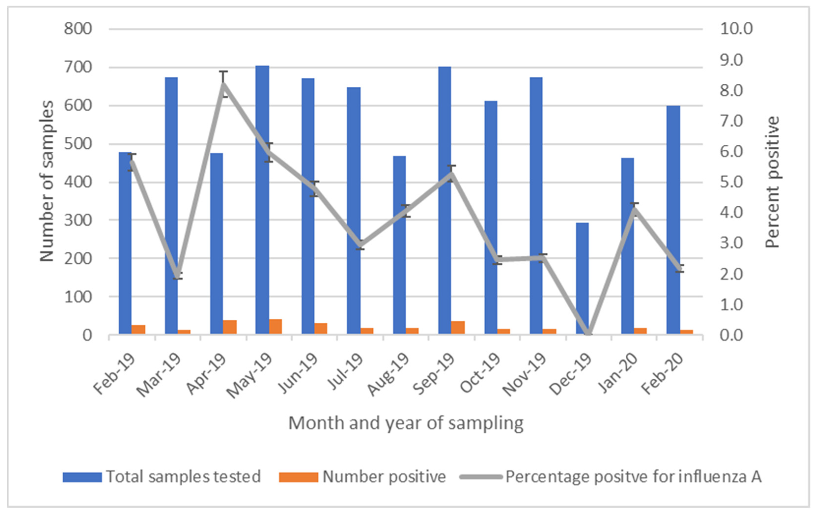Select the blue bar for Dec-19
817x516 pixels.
[582, 278]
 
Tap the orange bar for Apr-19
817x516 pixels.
[230, 327]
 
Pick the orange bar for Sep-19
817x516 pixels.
[458, 328]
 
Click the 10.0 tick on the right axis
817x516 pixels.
[736, 29]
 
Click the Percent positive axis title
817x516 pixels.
[773, 182]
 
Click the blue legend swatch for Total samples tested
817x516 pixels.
[82, 477]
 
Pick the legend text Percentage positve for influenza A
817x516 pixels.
[633, 477]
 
